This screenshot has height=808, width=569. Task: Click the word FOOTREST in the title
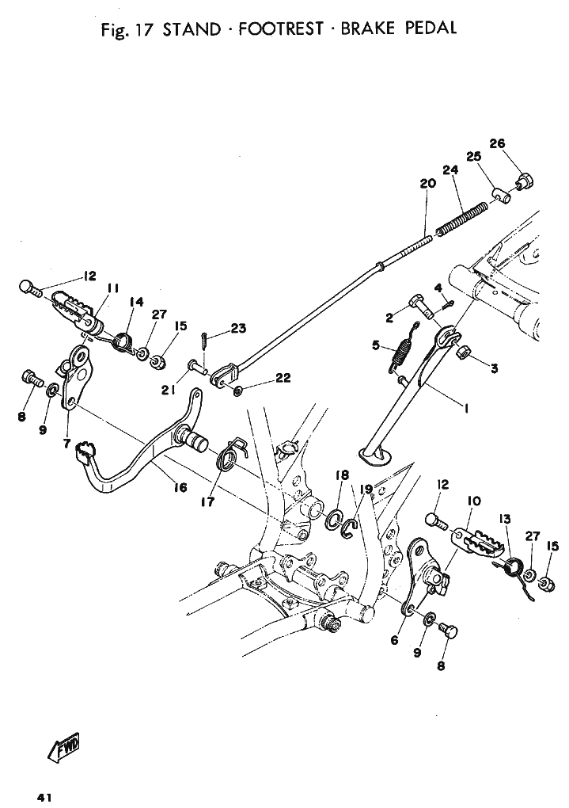click(281, 29)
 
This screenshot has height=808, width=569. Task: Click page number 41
click(44, 798)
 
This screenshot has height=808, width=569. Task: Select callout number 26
click(497, 143)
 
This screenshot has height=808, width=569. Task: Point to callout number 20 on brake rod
click(427, 184)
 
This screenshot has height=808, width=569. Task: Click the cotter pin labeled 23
click(204, 341)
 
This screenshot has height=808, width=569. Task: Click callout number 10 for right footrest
click(474, 501)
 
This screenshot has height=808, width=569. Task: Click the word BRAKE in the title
click(366, 29)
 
